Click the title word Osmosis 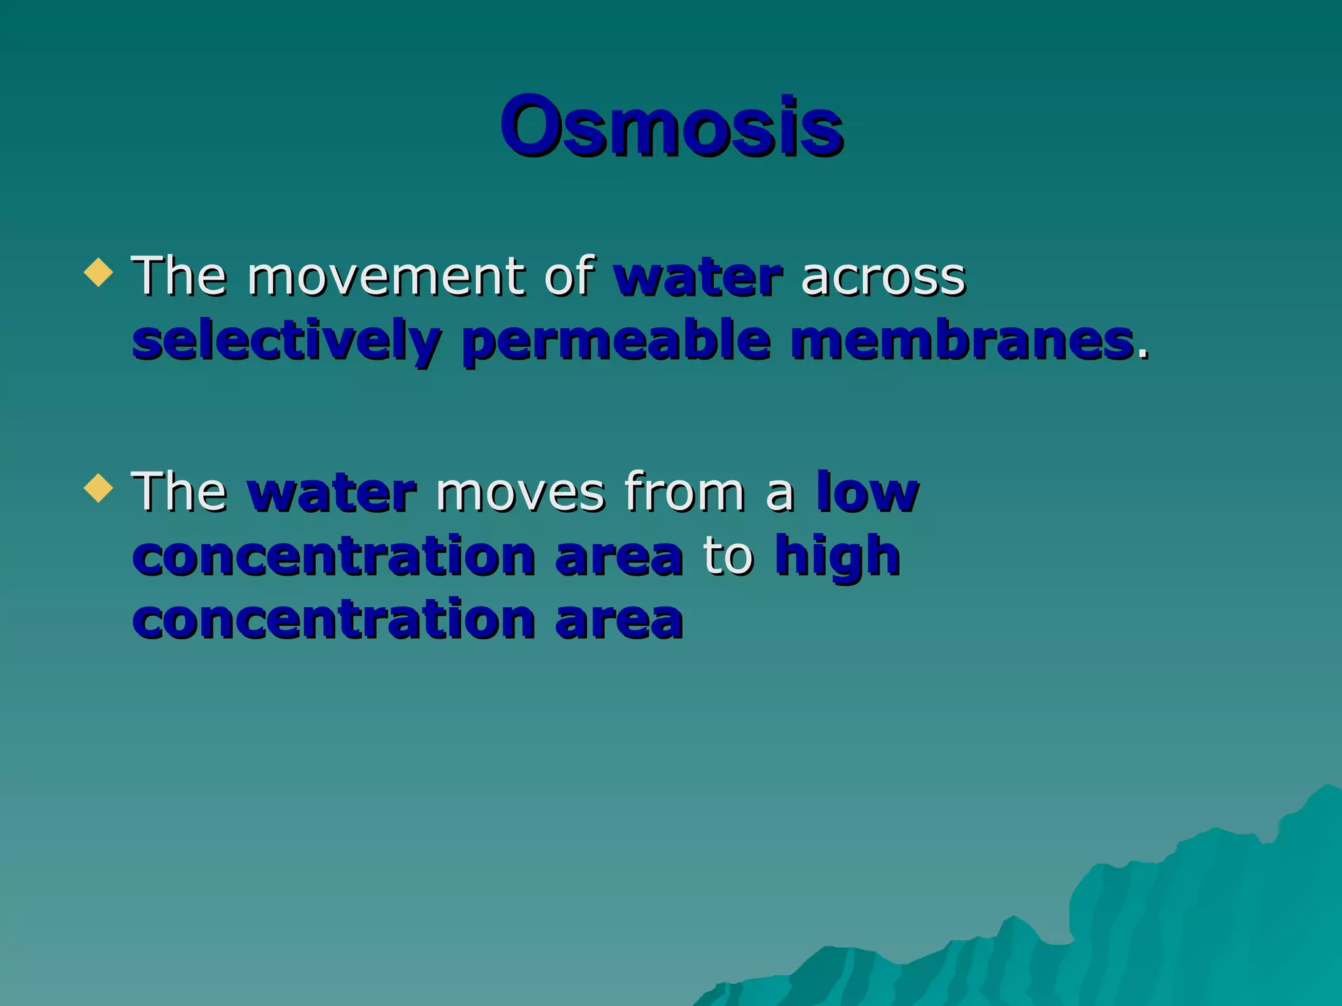pos(671,126)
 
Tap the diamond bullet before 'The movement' pos(98,272)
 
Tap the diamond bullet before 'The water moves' pos(98,487)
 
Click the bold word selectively pos(286,342)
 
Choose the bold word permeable pos(616,342)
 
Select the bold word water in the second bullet pos(332,493)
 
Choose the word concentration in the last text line pos(334,620)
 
